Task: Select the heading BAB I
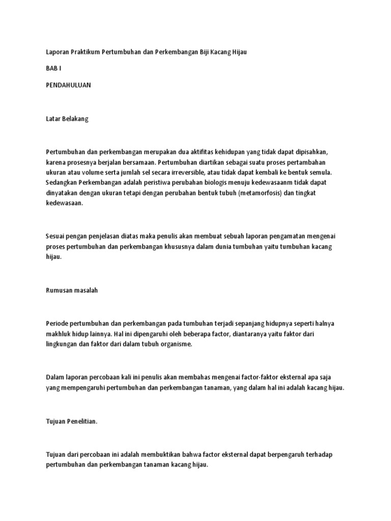point(53,69)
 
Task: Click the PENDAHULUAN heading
point(68,85)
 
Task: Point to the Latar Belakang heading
point(67,118)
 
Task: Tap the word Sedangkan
point(63,183)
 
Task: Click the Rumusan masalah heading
point(71,290)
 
